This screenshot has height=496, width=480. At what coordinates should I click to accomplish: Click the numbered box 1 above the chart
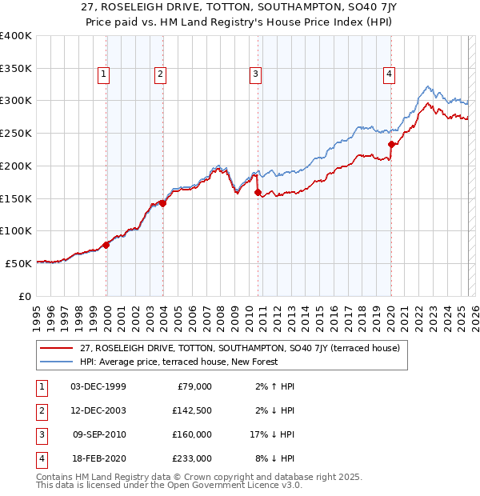104,74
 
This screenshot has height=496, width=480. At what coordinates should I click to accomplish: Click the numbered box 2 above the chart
160,74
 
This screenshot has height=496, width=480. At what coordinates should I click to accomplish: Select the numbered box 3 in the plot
255,74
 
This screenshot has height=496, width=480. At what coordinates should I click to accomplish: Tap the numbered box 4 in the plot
389,74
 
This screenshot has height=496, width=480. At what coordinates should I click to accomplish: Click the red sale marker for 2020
391,145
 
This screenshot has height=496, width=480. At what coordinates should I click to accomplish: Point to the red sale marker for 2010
258,192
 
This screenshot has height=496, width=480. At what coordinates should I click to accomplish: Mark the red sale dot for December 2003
162,203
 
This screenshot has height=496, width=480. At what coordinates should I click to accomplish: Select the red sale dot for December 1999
106,245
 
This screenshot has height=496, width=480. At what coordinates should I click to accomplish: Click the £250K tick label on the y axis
16,133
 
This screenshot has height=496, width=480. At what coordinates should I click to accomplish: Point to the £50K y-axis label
18,263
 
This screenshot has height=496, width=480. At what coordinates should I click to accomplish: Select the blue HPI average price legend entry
178,362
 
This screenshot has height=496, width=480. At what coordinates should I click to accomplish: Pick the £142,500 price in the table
193,410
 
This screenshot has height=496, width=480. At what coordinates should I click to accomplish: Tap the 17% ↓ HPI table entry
271,434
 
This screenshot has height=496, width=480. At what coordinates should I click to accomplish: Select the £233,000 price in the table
193,458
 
